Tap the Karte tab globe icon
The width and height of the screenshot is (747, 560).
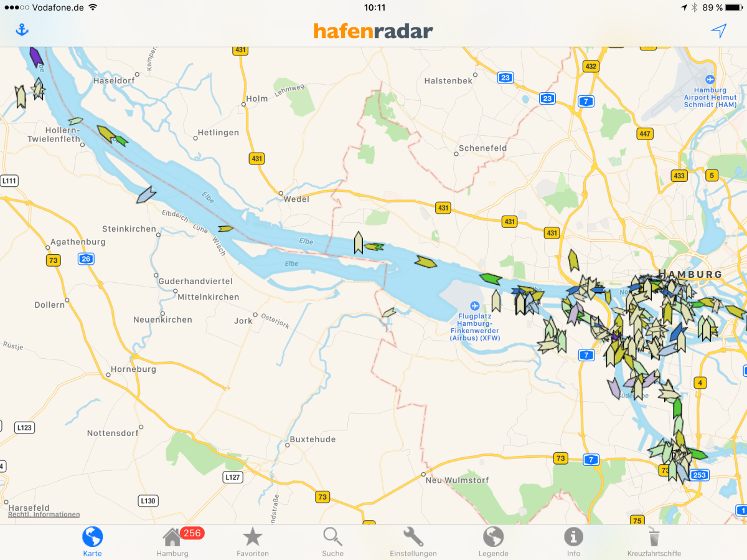(92, 537)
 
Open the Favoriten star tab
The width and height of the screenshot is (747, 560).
(253, 537)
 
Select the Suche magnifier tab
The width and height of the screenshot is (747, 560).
(332, 537)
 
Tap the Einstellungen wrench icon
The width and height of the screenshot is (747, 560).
(413, 537)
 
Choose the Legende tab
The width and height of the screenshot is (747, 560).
(493, 537)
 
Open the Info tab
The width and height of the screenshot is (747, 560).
(573, 537)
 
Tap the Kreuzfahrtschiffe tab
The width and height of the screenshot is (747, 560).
(654, 537)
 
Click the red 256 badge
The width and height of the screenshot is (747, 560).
(192, 533)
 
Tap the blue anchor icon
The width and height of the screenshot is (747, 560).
(22, 30)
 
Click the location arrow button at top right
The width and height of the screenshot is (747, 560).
(719, 31)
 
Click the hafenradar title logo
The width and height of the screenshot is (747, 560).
(373, 31)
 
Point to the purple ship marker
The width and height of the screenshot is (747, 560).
(35, 56)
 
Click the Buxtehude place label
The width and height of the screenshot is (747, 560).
(312, 439)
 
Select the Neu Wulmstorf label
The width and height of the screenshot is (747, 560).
(457, 480)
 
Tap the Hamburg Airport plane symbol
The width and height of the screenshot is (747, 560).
(710, 80)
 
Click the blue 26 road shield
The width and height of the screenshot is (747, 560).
(85, 259)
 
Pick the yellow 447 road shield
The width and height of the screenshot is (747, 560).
(645, 134)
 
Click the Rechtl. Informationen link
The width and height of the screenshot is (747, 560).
(44, 515)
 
